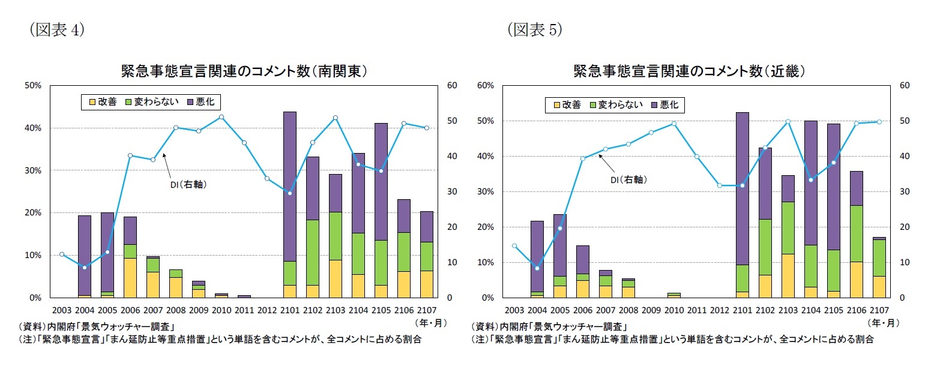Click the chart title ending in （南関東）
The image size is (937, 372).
[x=244, y=71]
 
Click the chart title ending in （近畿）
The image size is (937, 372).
[x=688, y=71]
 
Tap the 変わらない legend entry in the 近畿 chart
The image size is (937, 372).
[x=616, y=105]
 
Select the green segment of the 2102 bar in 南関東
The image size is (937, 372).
[x=313, y=252]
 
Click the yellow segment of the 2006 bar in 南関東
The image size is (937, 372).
[x=130, y=278]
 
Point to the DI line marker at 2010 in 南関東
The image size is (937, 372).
[x=221, y=117]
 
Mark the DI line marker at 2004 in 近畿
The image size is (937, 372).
[x=537, y=268]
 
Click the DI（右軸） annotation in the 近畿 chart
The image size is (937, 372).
[x=629, y=179]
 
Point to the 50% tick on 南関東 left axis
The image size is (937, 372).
[x=32, y=85]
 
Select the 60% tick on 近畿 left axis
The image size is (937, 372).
[x=484, y=85]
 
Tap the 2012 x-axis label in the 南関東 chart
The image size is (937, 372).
[x=267, y=310]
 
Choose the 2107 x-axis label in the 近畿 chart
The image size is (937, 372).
[x=878, y=310]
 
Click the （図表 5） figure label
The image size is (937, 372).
[x=535, y=30]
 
